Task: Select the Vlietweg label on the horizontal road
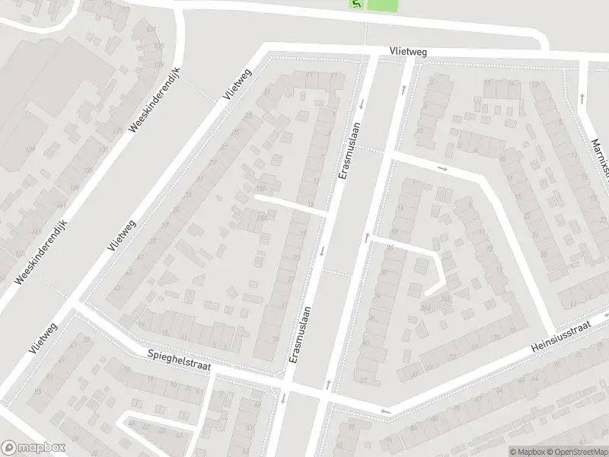point(407,51)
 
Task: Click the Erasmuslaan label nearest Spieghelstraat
point(302,334)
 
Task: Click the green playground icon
point(356,5)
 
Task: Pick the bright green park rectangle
point(384,5)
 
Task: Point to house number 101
point(149,29)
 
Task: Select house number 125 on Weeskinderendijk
point(117,132)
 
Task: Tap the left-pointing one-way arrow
point(386,412)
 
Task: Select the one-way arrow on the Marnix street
point(582,97)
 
